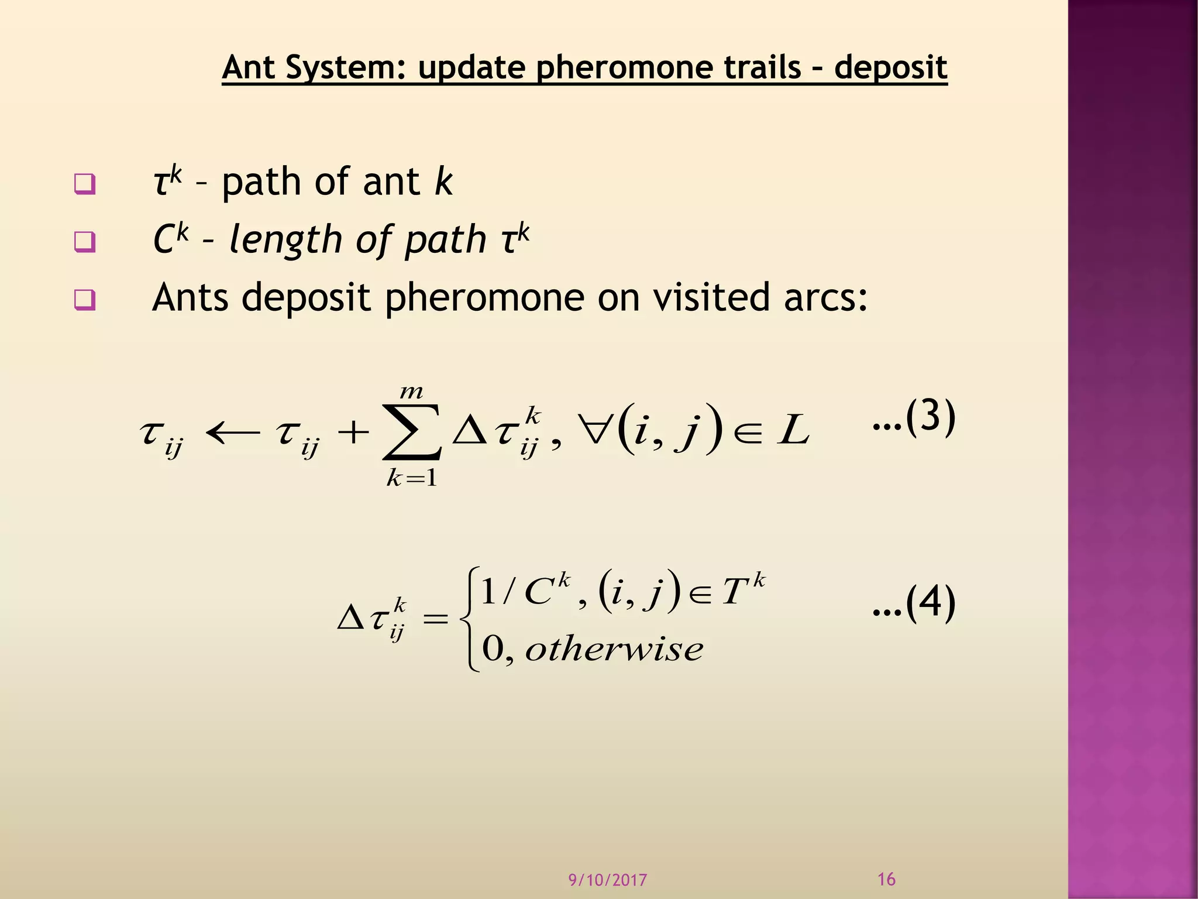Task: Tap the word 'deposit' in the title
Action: [890, 68]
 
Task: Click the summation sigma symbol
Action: [411, 434]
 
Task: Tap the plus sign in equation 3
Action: [353, 434]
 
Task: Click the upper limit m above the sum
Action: [411, 392]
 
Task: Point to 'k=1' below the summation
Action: [411, 479]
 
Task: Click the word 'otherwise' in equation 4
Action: [614, 649]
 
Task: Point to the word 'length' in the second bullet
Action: [285, 240]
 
